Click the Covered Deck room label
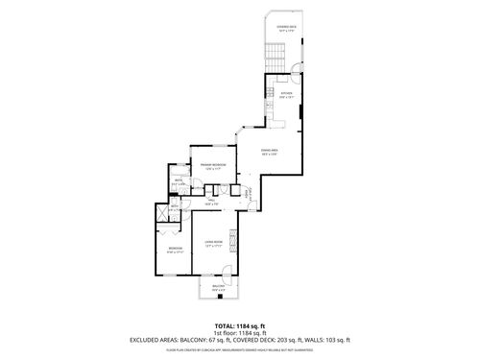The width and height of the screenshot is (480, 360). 286,28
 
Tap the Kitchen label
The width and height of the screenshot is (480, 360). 285,94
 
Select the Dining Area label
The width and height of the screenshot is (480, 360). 272,151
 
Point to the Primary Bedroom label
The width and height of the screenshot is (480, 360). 211,166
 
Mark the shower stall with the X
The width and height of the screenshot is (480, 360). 162,214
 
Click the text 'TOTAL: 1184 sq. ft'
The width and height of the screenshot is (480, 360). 240,324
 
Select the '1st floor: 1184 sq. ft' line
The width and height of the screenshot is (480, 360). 240,332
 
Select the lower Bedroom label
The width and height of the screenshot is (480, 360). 174,251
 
